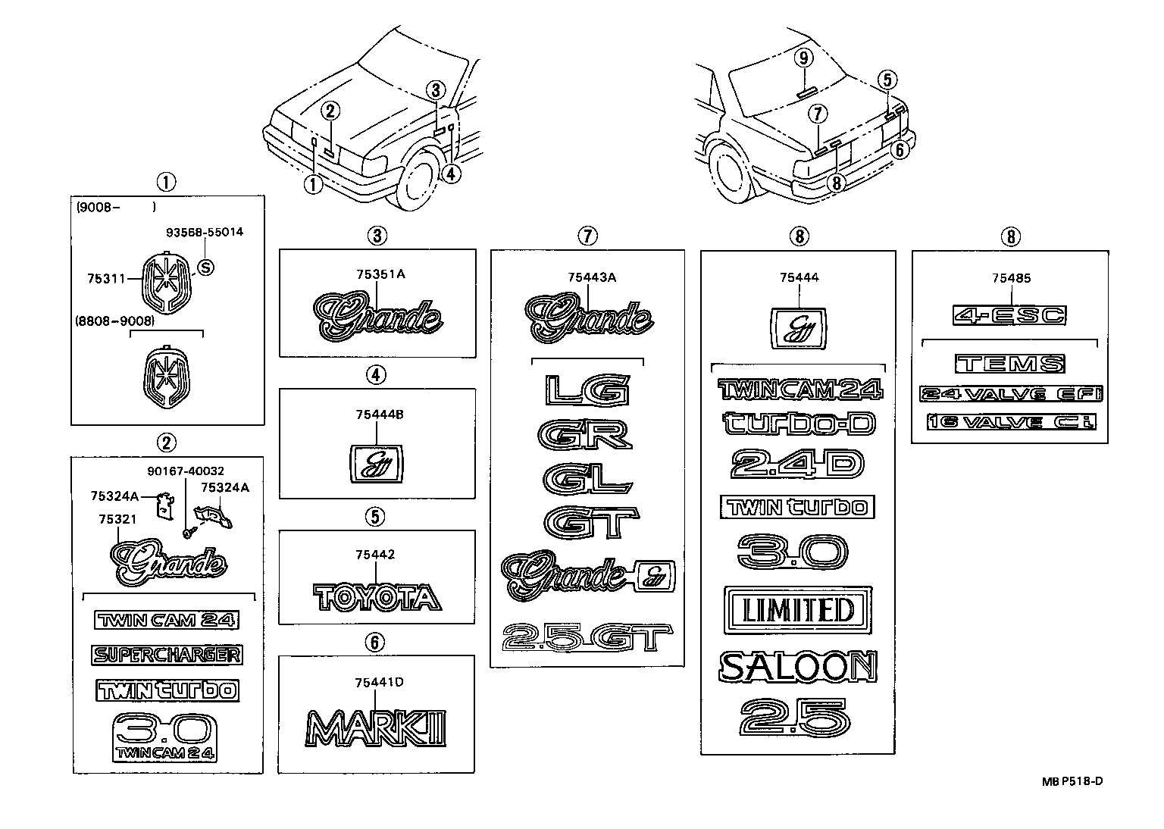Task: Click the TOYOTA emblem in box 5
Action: click(377, 597)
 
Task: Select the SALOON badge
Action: click(798, 667)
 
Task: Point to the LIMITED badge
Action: click(799, 609)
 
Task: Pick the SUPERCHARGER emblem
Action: click(167, 655)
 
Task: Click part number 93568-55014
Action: click(205, 232)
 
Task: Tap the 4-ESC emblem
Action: click(1009, 315)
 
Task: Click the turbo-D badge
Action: click(799, 424)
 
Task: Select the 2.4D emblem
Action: click(797, 465)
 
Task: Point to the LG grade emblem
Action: click(587, 390)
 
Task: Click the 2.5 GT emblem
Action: click(588, 638)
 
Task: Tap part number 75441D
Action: click(379, 682)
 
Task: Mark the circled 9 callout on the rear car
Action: click(804, 58)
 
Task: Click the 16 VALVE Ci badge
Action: click(1011, 422)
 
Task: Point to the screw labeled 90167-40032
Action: click(186, 534)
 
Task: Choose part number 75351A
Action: click(380, 274)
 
